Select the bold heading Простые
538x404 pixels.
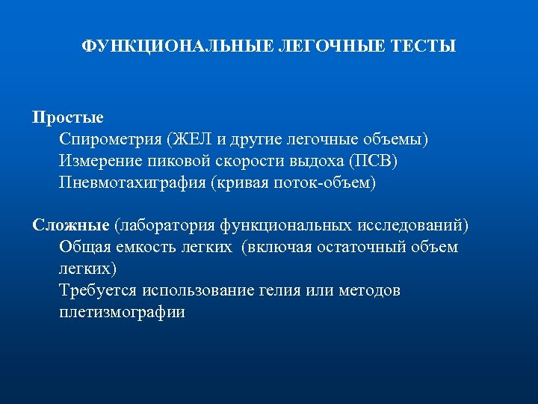[x=68, y=117]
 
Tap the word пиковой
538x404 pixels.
[x=185, y=161]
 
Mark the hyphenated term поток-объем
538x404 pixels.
[x=328, y=183]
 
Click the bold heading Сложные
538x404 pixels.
[x=71, y=225]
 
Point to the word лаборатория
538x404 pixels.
[x=167, y=225]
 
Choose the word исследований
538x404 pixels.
[x=412, y=225]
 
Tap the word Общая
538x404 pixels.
[x=84, y=247]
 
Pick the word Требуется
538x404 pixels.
[x=97, y=290]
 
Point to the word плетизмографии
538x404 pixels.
[x=122, y=312]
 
